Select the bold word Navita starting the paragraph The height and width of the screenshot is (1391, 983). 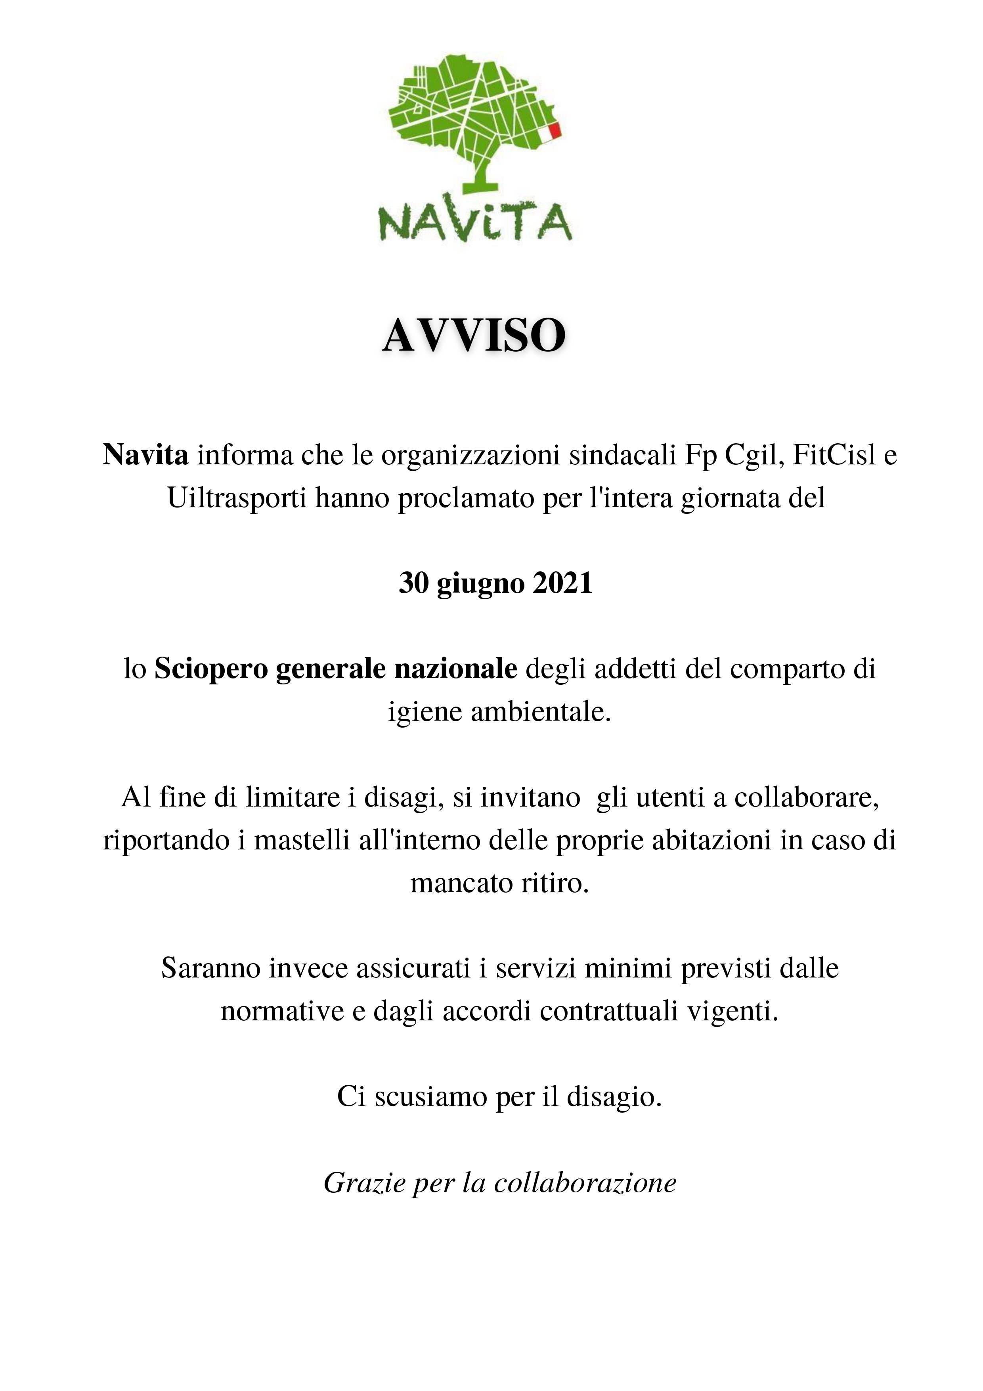click(x=145, y=455)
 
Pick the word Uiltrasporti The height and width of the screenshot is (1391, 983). click(x=236, y=498)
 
